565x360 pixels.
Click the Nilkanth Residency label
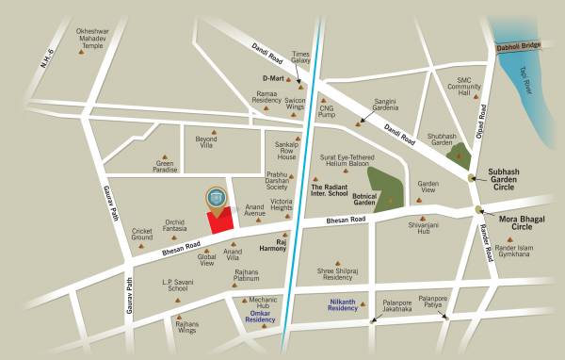(x=336, y=303)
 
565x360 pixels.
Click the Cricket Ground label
(x=142, y=234)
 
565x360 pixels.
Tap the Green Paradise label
(x=166, y=167)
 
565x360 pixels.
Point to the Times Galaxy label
(x=301, y=57)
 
